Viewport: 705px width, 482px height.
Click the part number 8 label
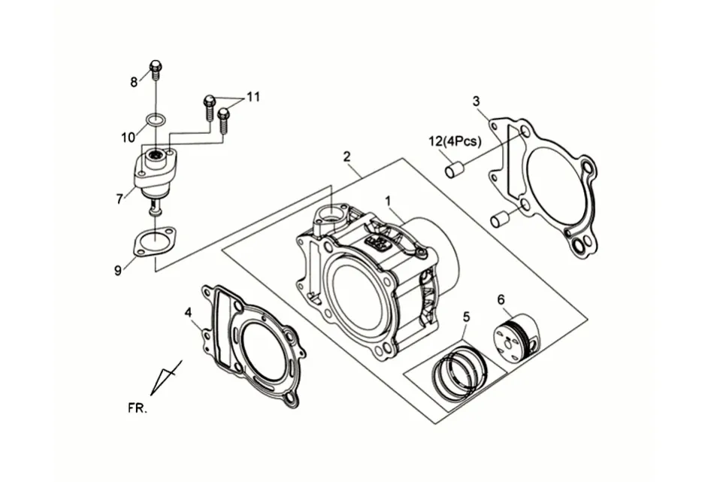click(x=134, y=82)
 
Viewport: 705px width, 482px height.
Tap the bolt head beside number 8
click(x=156, y=67)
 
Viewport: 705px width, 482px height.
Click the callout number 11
click(x=253, y=96)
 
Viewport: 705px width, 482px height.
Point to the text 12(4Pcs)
click(x=455, y=141)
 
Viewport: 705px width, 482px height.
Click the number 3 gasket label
click(x=477, y=101)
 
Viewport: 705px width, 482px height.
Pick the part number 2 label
click(x=346, y=156)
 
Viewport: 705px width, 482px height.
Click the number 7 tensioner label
click(x=120, y=199)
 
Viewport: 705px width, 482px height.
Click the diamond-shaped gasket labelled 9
click(x=154, y=241)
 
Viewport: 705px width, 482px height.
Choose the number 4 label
click(x=189, y=312)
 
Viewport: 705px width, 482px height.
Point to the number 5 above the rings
click(x=466, y=317)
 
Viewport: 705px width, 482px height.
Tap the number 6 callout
click(x=501, y=299)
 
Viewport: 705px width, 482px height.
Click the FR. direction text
click(x=138, y=408)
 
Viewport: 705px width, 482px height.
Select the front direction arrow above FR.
click(x=166, y=377)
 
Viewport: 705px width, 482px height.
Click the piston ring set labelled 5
click(x=459, y=370)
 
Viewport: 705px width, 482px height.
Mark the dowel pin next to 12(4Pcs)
click(x=455, y=171)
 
